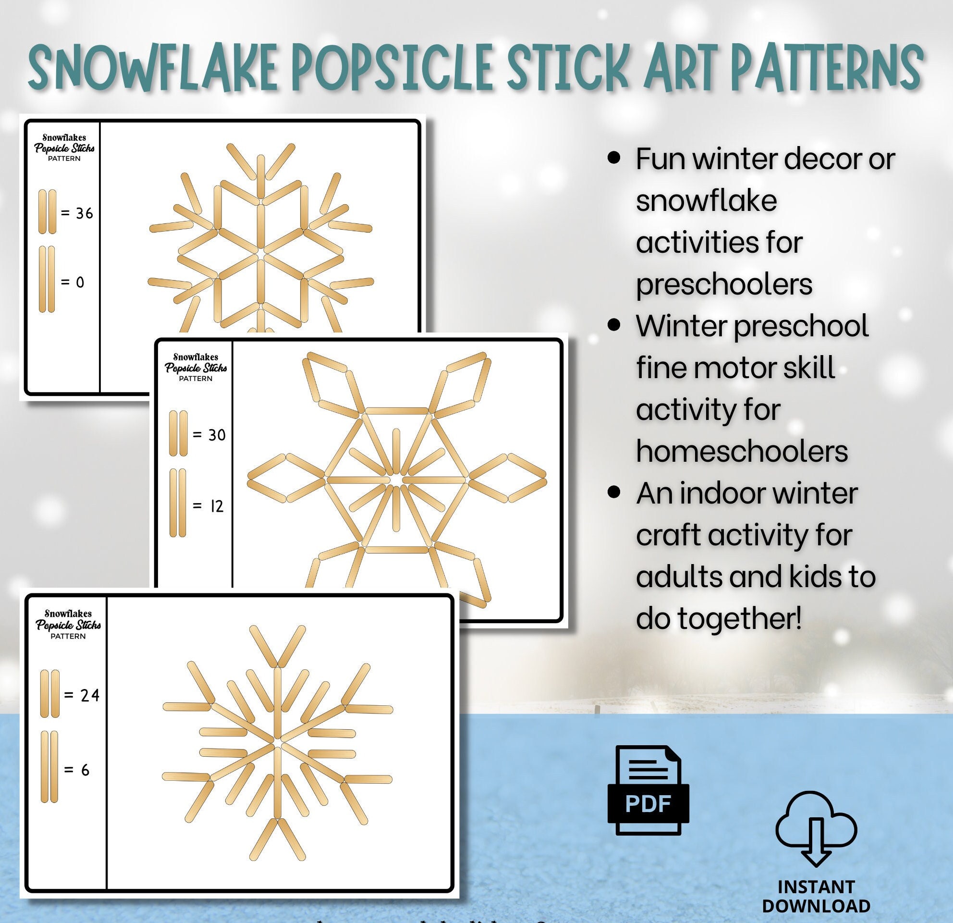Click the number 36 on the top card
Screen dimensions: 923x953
(84, 213)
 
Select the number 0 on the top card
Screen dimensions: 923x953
(80, 282)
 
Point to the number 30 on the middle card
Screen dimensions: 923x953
(217, 435)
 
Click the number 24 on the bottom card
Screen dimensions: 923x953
(90, 695)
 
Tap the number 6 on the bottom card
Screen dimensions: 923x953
(85, 770)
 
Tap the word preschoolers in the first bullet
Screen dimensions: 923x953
(724, 284)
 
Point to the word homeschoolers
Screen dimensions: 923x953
(742, 451)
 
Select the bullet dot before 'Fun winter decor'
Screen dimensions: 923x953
(614, 158)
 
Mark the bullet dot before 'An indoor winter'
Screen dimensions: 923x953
(614, 492)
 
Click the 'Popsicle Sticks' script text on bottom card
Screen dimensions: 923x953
(68, 625)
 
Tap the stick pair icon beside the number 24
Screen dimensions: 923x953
(49, 693)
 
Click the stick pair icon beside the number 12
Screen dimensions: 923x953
(178, 503)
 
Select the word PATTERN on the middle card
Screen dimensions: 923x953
(195, 378)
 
